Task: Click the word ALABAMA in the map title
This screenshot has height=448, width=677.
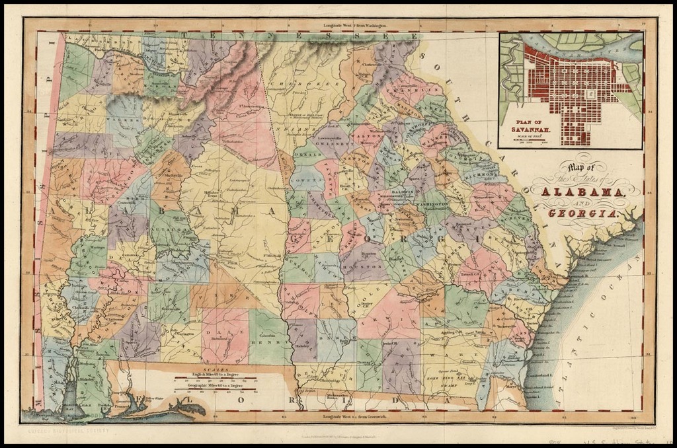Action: (584, 192)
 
